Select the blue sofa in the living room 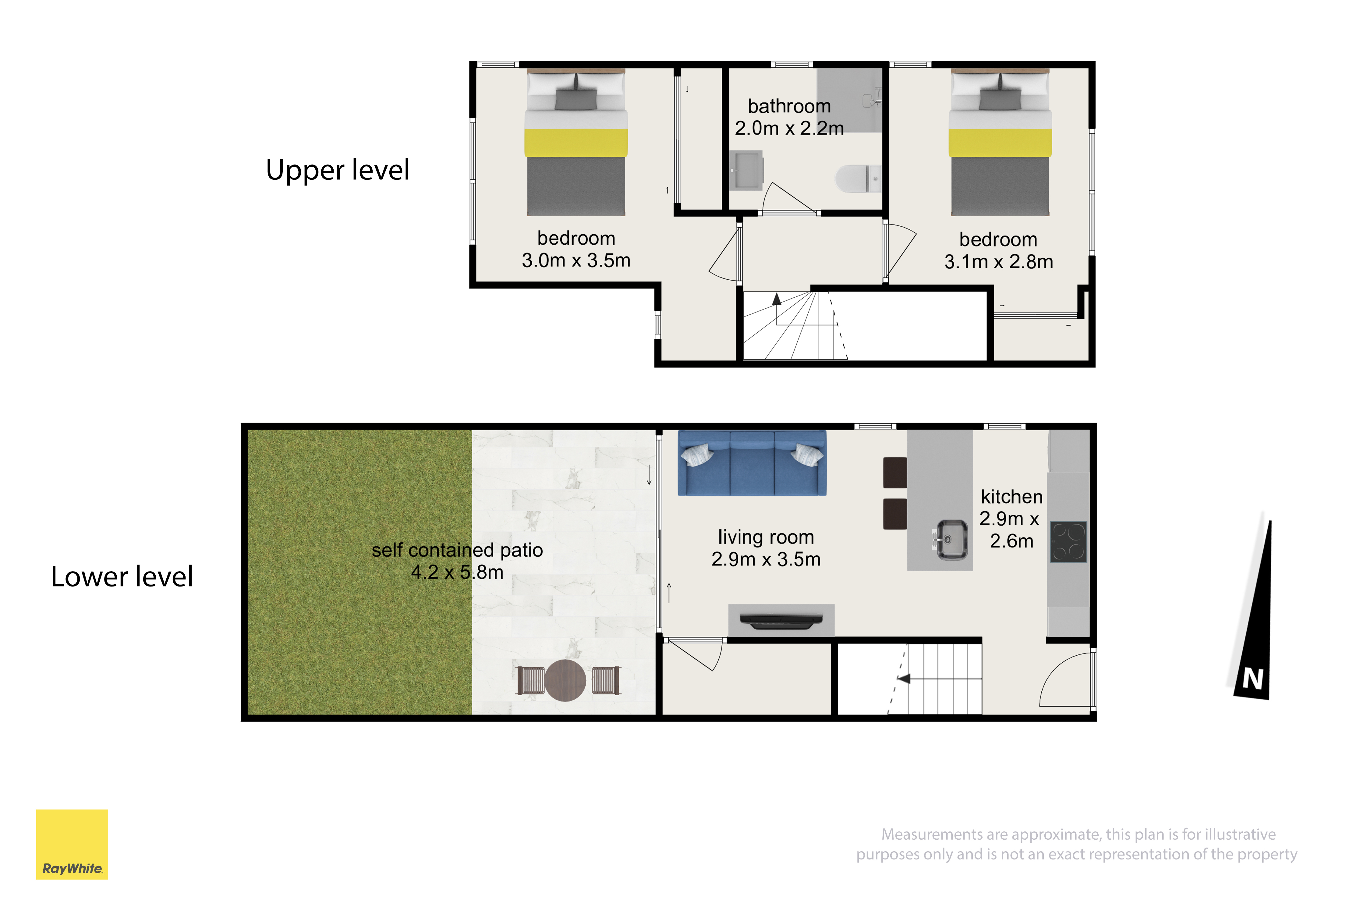[x=752, y=463]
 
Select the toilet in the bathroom [x=858, y=178]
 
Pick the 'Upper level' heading [x=338, y=170]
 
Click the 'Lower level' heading [x=122, y=576]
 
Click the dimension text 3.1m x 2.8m [x=998, y=262]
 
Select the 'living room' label [x=766, y=537]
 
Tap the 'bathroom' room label [x=789, y=106]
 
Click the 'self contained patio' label [x=458, y=550]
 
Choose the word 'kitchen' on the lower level [x=1011, y=497]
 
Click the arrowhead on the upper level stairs [x=776, y=299]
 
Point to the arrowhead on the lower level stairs [x=904, y=678]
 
